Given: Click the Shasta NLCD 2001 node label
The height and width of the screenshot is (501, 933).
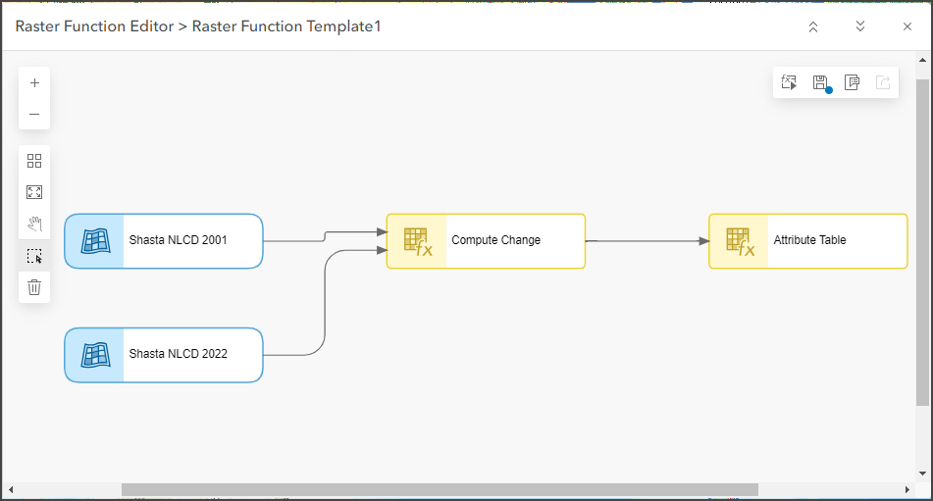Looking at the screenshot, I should (x=178, y=240).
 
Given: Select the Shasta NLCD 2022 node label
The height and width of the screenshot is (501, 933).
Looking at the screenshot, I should (x=178, y=354).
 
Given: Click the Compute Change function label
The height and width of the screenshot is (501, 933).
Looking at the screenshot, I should (x=495, y=240).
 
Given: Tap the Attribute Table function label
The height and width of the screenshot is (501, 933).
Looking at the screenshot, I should (x=809, y=240).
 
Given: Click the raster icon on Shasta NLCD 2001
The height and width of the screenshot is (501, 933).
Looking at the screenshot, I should (x=95, y=241).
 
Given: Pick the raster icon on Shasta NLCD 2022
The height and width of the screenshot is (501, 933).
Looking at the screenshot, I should (x=95, y=355).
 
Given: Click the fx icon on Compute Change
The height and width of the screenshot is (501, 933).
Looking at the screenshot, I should (x=417, y=241).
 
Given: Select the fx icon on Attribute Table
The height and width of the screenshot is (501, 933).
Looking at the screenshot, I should (x=739, y=241).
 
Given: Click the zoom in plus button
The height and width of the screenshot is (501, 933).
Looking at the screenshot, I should (x=34, y=83).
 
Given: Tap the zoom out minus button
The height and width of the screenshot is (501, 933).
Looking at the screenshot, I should (x=34, y=114).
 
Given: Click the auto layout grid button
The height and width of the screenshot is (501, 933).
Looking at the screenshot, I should (x=34, y=161).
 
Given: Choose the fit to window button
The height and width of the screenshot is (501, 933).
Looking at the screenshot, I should (x=34, y=192).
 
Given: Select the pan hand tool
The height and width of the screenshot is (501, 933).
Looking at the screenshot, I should (x=34, y=224).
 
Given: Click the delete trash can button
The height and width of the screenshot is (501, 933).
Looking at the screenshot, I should (x=34, y=286).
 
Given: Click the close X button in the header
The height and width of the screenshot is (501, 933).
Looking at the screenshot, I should (x=907, y=26).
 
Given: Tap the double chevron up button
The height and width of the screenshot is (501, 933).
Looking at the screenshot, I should (x=813, y=26).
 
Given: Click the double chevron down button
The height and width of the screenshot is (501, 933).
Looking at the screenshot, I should (x=860, y=26).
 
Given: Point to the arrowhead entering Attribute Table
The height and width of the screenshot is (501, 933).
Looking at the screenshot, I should (x=703, y=240).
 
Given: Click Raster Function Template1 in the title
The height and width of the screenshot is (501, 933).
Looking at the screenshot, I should (x=286, y=26).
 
